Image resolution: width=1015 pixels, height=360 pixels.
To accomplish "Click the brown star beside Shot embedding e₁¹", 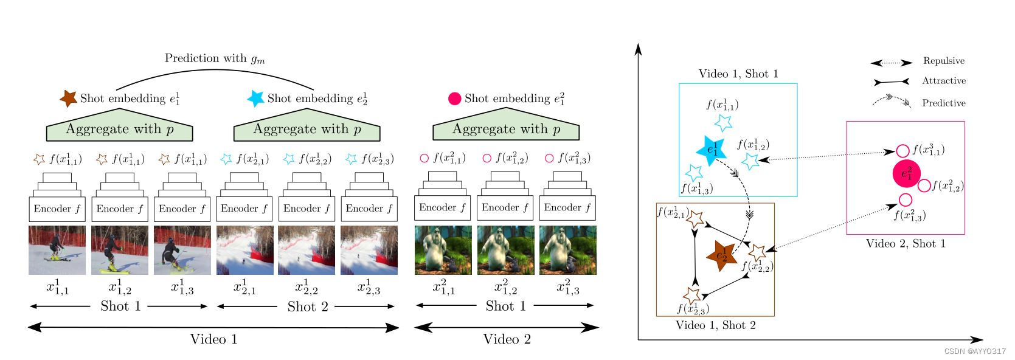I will coord(68,98).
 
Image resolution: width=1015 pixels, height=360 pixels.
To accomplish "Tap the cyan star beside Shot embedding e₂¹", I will coord(255,98).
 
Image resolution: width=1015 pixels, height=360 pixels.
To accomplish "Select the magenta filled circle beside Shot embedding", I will coord(454,99).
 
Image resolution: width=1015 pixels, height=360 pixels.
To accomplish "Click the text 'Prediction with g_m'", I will coord(215,58).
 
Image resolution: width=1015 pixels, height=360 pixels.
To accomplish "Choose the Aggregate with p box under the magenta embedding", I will coord(505,130).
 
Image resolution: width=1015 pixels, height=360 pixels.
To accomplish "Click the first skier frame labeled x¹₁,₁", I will coord(57,250).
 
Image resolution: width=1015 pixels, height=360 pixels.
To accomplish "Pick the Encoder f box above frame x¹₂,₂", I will coord(307,209).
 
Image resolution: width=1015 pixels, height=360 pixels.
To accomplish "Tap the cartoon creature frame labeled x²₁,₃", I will coord(567,250).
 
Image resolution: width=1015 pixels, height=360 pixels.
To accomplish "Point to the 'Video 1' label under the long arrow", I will coord(213,339).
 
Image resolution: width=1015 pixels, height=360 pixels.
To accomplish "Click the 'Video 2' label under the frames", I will coord(507,339).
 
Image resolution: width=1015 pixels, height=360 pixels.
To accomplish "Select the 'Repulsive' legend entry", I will coord(943,61).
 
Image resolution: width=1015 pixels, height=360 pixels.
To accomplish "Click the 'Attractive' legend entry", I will coord(943,81).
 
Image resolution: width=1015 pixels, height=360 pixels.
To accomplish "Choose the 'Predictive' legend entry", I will coord(943,103).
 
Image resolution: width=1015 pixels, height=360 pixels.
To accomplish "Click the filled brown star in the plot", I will coord(722,256).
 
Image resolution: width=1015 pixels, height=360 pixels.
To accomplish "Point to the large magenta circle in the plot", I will coord(906,174).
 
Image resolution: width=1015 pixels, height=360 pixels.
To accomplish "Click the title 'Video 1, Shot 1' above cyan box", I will coord(738,74).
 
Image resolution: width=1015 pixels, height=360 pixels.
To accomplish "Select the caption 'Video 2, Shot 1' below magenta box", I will coord(906,244).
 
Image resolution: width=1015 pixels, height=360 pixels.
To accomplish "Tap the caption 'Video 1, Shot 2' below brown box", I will coord(715,325).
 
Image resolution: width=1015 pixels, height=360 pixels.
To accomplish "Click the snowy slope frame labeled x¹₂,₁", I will coord(244,250).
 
